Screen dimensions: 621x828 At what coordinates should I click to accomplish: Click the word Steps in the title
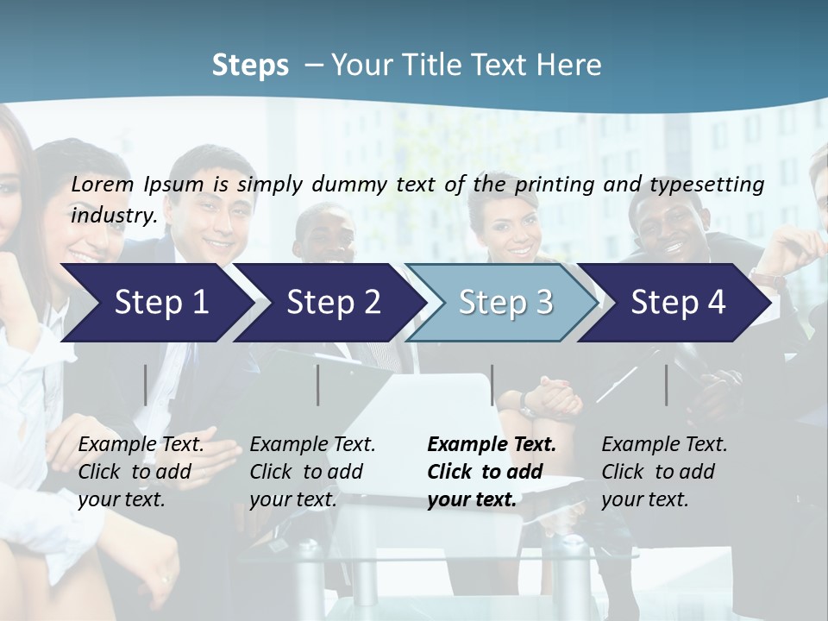[x=250, y=66]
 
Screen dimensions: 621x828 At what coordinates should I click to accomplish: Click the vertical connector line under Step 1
[x=146, y=385]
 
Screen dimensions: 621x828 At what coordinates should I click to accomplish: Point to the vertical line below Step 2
[x=318, y=385]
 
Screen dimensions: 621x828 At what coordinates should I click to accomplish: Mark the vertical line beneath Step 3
[x=492, y=385]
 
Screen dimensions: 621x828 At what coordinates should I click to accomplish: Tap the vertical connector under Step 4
[x=667, y=385]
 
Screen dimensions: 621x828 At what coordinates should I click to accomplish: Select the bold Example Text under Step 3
[x=492, y=472]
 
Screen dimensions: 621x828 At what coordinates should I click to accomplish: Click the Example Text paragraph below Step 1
[x=141, y=472]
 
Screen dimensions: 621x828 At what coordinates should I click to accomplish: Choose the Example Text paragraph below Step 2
[x=312, y=472]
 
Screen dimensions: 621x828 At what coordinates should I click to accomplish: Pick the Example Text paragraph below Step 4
[x=664, y=472]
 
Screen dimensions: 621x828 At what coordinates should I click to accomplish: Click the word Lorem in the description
[x=103, y=184]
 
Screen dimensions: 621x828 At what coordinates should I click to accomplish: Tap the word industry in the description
[x=113, y=215]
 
